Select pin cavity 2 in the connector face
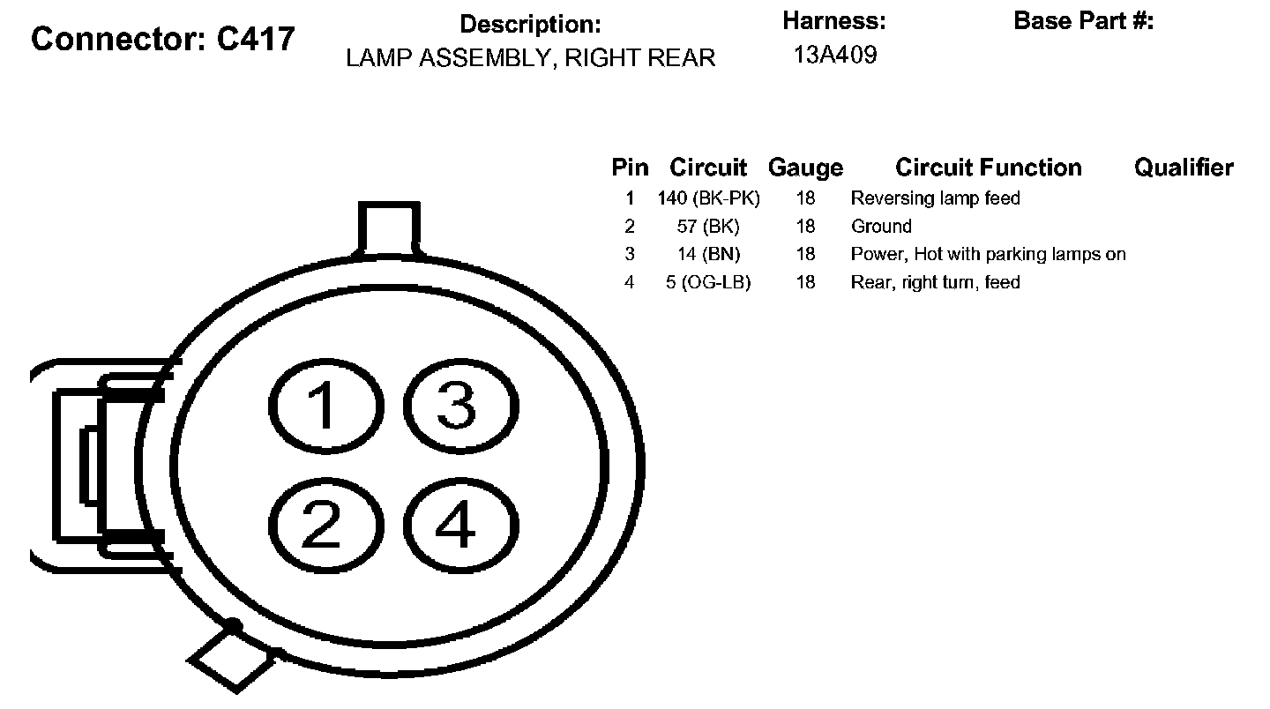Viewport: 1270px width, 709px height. (322, 526)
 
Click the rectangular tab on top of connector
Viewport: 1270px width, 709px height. (389, 228)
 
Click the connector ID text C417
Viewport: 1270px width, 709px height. (256, 38)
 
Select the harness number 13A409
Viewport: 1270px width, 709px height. (834, 56)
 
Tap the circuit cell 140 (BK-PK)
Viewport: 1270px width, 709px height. (708, 198)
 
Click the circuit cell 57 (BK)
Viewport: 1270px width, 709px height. (708, 227)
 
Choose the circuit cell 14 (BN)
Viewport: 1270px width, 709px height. (708, 255)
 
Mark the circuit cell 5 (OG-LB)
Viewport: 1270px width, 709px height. (708, 283)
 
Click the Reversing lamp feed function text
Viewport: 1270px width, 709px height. (935, 198)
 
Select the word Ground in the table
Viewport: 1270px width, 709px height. (881, 227)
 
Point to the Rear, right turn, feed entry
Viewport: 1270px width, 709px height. (935, 283)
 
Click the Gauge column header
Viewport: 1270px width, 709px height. (805, 168)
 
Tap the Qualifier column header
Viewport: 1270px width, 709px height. (1184, 168)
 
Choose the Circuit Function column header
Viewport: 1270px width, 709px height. (988, 168)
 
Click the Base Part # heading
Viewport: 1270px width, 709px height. (1083, 21)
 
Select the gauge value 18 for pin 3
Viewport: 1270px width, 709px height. (805, 255)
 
